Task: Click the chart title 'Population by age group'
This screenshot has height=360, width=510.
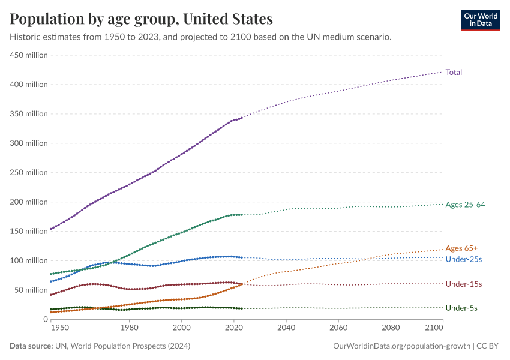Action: coord(142,19)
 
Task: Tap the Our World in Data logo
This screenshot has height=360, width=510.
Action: coord(480,20)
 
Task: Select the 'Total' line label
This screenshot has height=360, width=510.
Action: coord(454,73)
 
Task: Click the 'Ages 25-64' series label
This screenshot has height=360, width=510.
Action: coord(465,205)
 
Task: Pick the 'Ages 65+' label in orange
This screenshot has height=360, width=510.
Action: coord(462,248)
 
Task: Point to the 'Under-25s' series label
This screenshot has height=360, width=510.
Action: coord(464,259)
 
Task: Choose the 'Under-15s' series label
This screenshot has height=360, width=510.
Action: coord(464,284)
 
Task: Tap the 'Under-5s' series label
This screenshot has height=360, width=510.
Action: coord(461,308)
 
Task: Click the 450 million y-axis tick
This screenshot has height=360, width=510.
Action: coord(29,55)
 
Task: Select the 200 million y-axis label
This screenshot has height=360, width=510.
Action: coord(29,202)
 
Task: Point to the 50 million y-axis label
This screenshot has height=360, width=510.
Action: coord(31,290)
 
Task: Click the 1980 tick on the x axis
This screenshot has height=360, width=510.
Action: coord(129,329)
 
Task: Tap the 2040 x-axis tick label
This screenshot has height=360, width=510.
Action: coord(286,329)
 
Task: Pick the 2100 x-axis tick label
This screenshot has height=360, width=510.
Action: coord(433,329)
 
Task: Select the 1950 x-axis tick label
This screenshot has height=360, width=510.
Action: coord(59,329)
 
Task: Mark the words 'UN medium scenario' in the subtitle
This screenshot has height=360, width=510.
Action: coord(353,37)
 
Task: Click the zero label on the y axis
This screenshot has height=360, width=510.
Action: coord(46,319)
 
